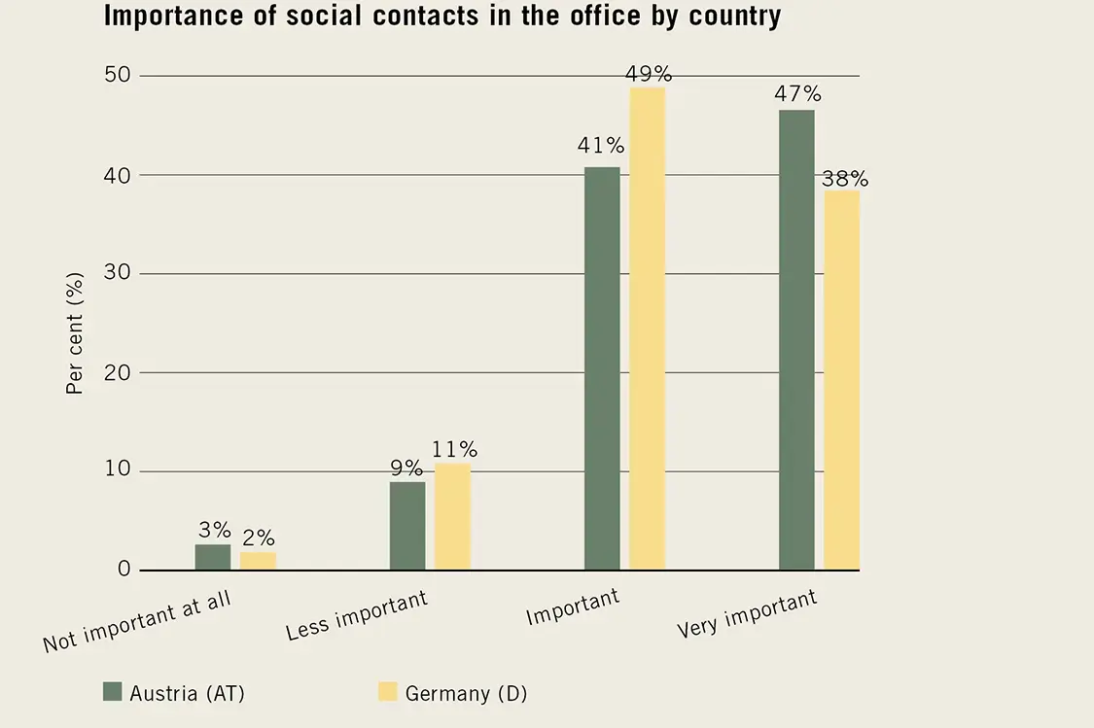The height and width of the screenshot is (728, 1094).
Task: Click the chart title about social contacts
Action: tap(441, 17)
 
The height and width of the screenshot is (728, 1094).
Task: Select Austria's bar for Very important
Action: tap(796, 340)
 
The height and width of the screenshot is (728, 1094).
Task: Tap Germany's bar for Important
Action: tap(648, 329)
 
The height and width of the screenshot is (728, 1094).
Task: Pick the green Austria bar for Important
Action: tap(602, 368)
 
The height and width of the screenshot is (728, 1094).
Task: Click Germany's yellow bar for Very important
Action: tap(841, 380)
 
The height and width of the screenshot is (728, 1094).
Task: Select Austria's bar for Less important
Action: tap(407, 526)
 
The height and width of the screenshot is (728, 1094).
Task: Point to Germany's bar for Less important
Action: tap(452, 517)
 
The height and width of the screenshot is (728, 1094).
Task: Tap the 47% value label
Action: tap(798, 94)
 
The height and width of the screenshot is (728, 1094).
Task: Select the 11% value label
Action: tap(455, 449)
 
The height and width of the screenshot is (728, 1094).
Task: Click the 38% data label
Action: tap(845, 179)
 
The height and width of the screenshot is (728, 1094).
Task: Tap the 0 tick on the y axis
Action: tap(124, 569)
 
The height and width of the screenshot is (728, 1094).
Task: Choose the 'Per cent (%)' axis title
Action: tap(75, 333)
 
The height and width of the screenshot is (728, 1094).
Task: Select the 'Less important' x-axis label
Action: tap(357, 614)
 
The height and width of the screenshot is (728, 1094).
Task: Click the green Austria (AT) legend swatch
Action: tap(112, 692)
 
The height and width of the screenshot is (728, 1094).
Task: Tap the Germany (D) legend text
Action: tap(466, 693)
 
